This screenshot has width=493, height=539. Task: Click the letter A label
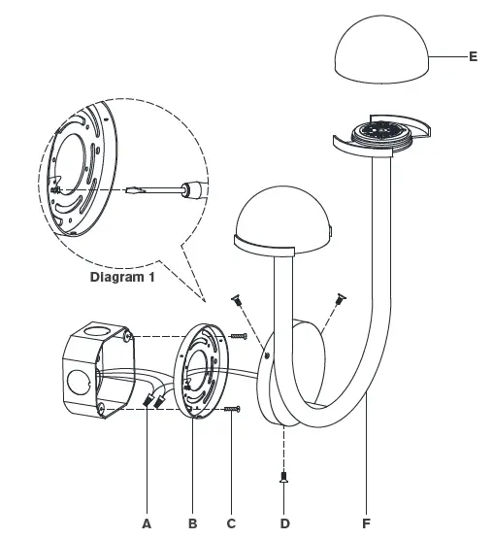(x=147, y=522)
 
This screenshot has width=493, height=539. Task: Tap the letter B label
(x=192, y=522)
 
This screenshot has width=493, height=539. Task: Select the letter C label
(x=231, y=522)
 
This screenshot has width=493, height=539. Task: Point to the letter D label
(x=284, y=522)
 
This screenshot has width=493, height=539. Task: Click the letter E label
(x=473, y=56)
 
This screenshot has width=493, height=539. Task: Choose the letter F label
(x=366, y=522)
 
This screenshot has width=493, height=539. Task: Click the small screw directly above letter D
(x=284, y=477)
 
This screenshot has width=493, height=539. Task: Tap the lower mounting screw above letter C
(x=232, y=411)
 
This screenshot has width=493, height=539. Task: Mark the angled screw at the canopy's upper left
(x=236, y=302)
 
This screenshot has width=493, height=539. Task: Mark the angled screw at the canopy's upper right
(x=340, y=298)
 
